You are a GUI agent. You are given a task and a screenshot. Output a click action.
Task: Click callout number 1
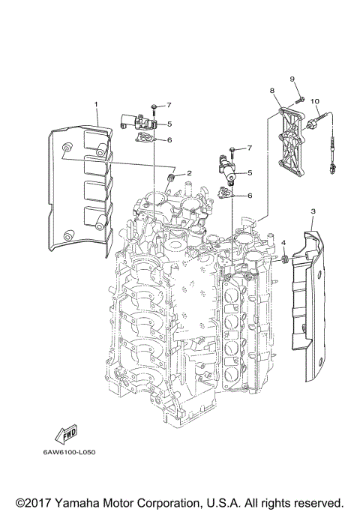pos(96,103)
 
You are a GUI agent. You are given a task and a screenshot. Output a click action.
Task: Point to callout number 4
pos(284,243)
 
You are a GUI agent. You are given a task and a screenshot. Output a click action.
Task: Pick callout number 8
pos(273,90)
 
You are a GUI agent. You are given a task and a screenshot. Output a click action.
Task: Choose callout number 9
pos(294,79)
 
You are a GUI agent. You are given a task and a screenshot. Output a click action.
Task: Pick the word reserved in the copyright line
pos(317,501)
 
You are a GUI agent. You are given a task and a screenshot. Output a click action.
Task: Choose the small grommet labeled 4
pos(285,259)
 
